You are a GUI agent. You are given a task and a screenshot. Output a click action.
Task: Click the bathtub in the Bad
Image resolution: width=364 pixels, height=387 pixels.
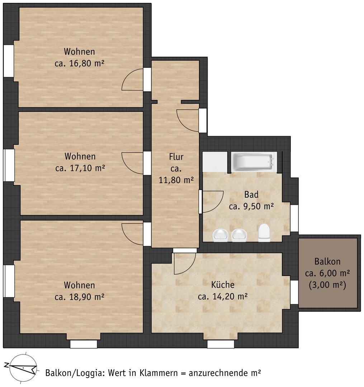(254, 162)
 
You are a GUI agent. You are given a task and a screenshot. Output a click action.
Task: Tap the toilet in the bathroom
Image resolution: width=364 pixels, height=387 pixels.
(264, 233)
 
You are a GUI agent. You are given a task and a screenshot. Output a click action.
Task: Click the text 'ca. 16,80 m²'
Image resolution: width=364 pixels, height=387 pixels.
(79, 63)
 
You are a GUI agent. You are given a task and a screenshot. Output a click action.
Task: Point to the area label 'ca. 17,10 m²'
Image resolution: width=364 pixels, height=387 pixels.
(80, 168)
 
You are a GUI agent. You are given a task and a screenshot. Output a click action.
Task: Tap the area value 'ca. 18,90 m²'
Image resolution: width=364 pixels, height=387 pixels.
(79, 297)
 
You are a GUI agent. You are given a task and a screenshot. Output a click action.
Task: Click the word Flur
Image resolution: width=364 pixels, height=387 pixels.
(176, 157)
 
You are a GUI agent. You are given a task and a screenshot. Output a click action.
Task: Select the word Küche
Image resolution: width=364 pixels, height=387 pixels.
(223, 285)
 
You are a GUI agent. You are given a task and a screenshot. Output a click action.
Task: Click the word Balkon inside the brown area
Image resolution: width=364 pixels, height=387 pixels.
(327, 261)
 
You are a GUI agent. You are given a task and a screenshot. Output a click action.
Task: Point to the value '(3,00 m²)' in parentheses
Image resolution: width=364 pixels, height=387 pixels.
(327, 285)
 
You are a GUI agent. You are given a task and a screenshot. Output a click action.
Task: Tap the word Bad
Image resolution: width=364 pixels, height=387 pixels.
(251, 195)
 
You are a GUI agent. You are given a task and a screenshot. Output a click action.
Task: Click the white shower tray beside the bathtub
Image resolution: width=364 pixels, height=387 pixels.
(215, 162)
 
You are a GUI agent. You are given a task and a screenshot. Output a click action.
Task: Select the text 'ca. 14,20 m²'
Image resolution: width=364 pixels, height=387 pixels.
(222, 296)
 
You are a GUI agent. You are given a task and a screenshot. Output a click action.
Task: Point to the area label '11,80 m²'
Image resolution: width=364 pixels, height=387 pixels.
(176, 180)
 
